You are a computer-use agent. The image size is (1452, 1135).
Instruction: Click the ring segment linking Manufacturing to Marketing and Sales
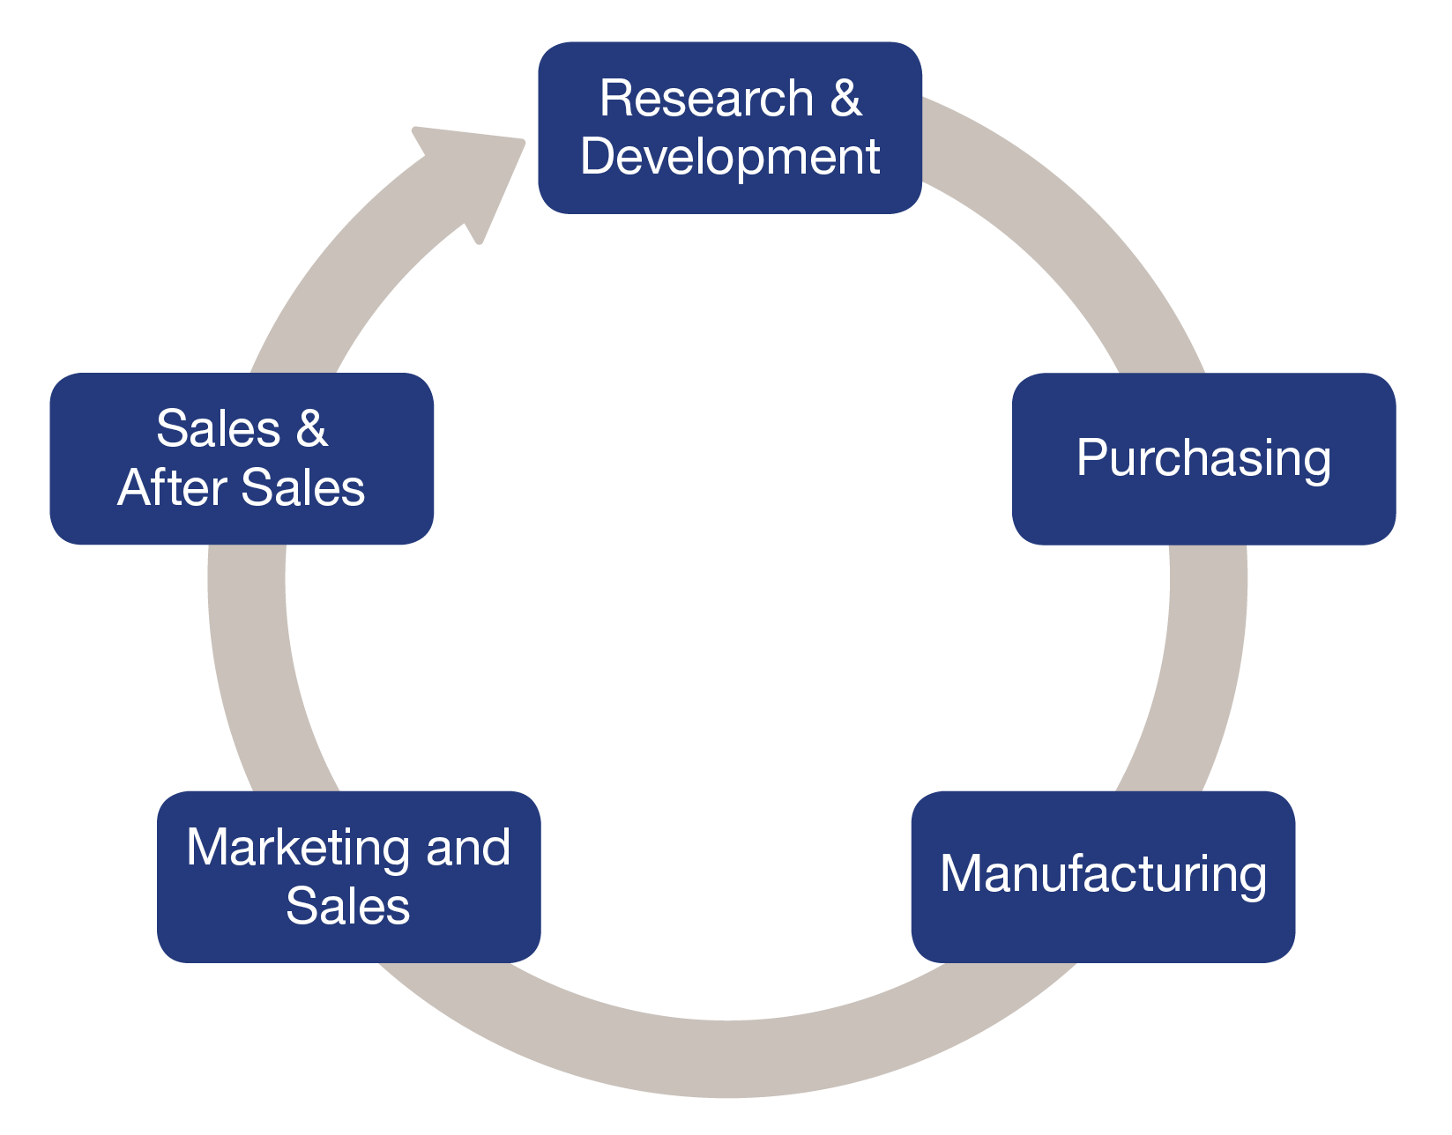[728, 1057]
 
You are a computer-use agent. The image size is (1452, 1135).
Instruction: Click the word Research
[706, 98]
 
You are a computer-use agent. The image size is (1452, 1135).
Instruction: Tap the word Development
[730, 157]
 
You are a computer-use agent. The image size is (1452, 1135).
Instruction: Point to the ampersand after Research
[845, 98]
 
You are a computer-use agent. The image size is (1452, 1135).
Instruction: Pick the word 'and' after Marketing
[467, 848]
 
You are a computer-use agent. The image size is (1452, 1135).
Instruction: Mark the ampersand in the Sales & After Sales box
[311, 429]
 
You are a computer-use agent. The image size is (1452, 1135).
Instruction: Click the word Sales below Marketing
[348, 906]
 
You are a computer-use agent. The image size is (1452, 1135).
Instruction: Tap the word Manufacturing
[1103, 874]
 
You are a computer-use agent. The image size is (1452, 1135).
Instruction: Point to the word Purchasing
[1203, 458]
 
